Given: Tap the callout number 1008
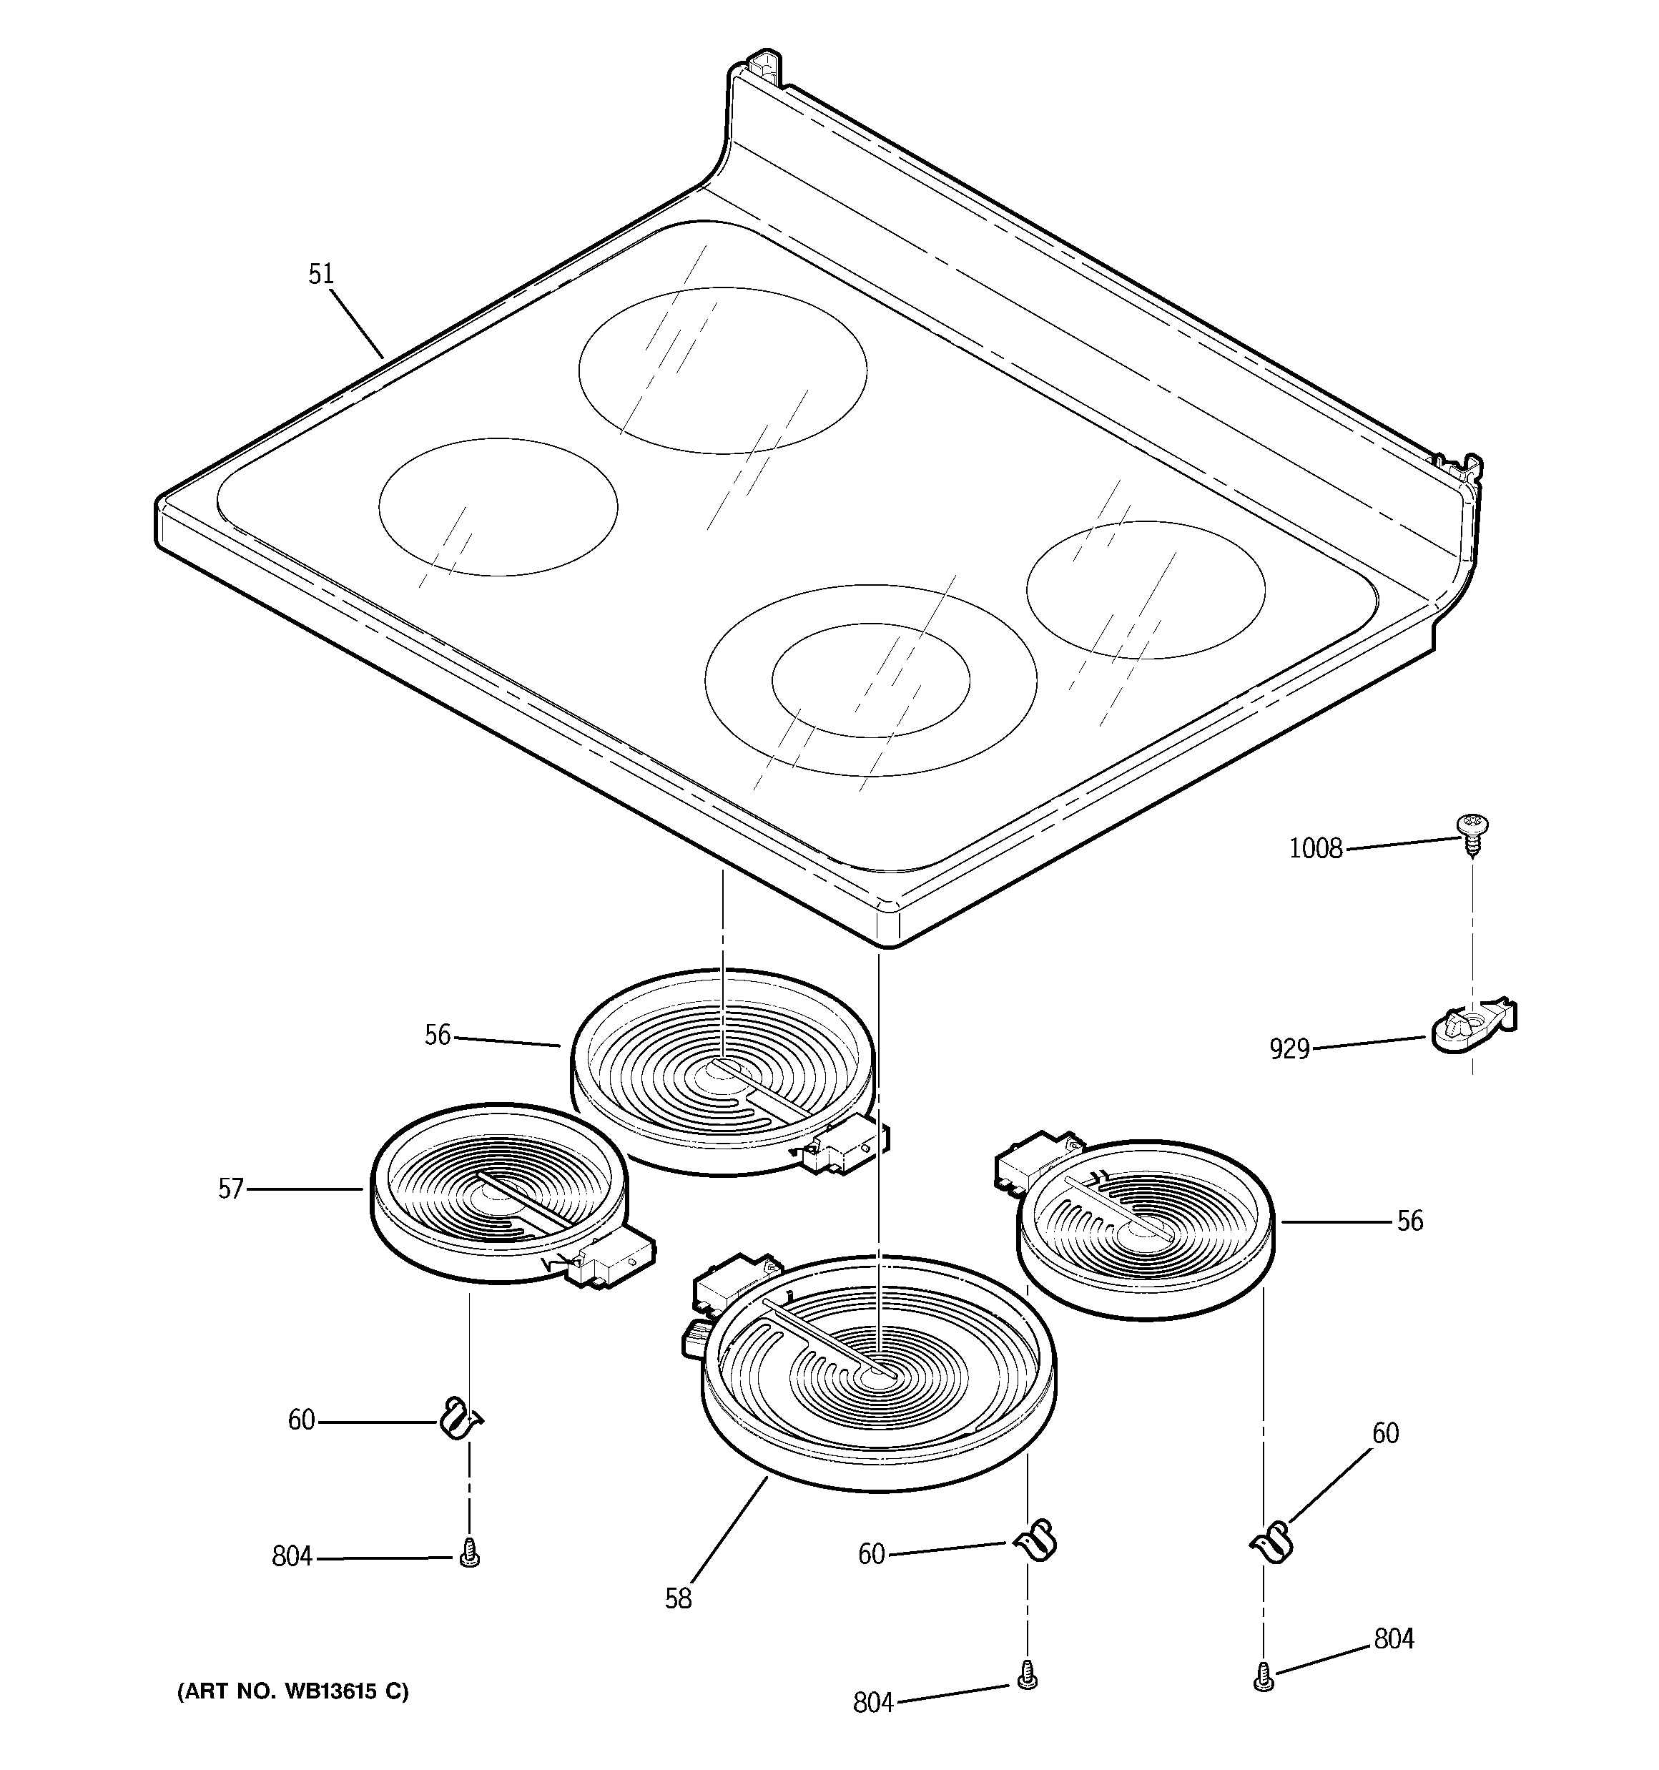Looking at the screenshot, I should point(1315,848).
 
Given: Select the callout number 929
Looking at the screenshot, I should point(1289,1050).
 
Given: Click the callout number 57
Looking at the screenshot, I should point(231,1189).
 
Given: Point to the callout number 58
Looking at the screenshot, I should point(678,1599).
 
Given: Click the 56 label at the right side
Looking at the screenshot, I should point(1409,1221).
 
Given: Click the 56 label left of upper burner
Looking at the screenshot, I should point(437,1036).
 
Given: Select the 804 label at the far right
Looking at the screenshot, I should point(1394,1638).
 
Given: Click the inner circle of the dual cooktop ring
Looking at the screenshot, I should point(870,680).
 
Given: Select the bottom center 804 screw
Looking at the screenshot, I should point(1027,1675).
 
